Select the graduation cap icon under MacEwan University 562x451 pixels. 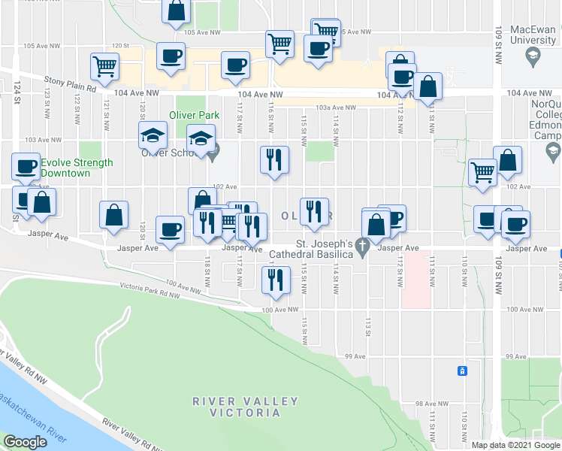pos(532,55)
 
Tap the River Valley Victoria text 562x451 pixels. pos(235,407)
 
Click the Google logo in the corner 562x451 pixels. pos(25,442)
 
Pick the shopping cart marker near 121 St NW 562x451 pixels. pos(104,65)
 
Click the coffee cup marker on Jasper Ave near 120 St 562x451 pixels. pos(170,229)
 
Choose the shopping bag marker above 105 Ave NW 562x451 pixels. pos(177,10)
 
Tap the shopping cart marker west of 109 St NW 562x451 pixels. pos(482,171)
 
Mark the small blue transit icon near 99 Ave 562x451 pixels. pos(463,371)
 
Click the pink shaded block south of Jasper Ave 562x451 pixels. pos(415,279)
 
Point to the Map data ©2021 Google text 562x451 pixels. pos(515,445)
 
